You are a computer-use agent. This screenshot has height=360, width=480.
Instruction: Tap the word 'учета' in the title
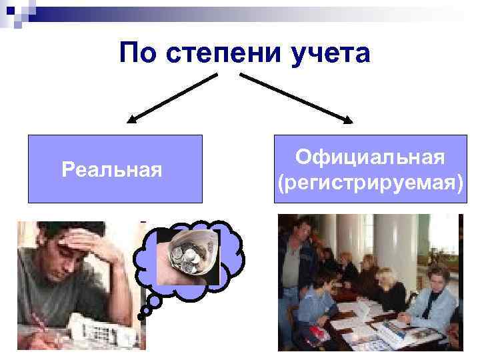point(330,53)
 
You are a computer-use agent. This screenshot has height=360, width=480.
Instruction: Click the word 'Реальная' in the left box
point(112,169)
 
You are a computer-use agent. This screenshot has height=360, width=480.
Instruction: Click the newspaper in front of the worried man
point(100,330)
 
